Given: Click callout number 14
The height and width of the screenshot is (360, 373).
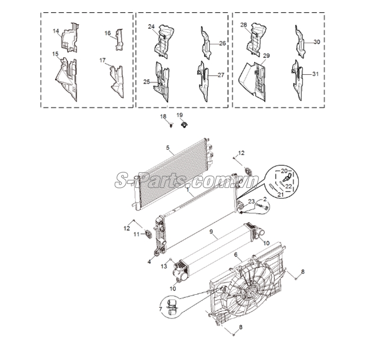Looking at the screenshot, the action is tap(56, 31).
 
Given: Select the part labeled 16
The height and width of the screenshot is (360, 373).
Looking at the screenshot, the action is tap(119, 40).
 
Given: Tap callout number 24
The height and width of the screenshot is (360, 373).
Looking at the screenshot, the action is tap(151, 27).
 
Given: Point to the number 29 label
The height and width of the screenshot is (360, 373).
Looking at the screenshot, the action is tap(266, 56).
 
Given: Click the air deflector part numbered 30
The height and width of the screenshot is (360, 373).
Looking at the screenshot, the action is tap(300, 41).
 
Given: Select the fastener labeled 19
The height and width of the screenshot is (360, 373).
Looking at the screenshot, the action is tap(184, 125).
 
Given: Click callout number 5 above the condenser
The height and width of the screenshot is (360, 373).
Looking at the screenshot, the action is tap(168, 148).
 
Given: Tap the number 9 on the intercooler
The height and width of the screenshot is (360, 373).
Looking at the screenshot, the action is tap(211, 231).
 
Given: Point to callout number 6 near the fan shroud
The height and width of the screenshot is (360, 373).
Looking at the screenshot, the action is tap(236, 254).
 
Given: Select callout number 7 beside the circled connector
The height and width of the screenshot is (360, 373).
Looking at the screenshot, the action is tap(161, 309).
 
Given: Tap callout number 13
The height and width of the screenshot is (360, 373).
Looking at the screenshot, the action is tap(164, 266).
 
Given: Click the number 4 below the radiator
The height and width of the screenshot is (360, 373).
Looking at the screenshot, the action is tap(149, 262).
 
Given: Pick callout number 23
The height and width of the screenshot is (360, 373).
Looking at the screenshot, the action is tap(251, 201).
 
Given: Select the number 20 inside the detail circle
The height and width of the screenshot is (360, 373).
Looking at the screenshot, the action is tap(284, 171).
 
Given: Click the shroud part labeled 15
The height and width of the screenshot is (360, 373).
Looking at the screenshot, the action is tap(67, 80).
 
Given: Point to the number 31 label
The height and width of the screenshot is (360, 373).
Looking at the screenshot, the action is tap(315, 74).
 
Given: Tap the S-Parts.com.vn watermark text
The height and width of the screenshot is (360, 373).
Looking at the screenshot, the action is tap(187, 180).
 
